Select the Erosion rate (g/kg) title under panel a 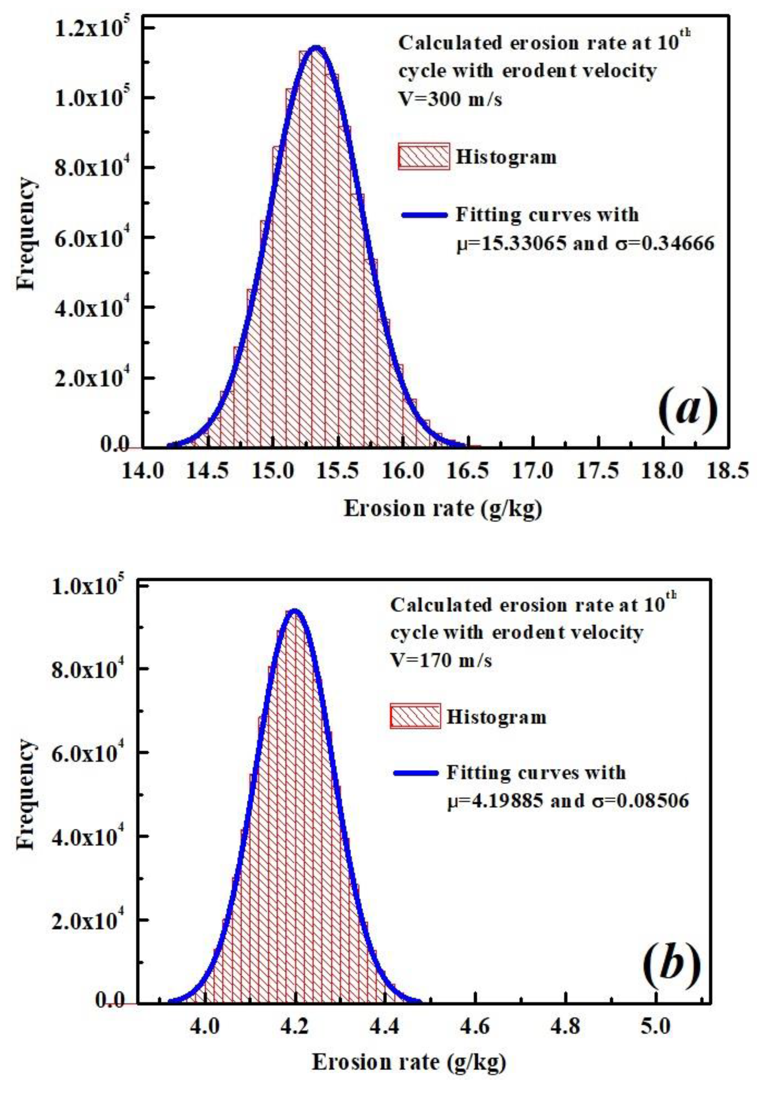(x=442, y=509)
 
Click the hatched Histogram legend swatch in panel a (x=423, y=156)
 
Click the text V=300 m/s (x=450, y=100)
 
